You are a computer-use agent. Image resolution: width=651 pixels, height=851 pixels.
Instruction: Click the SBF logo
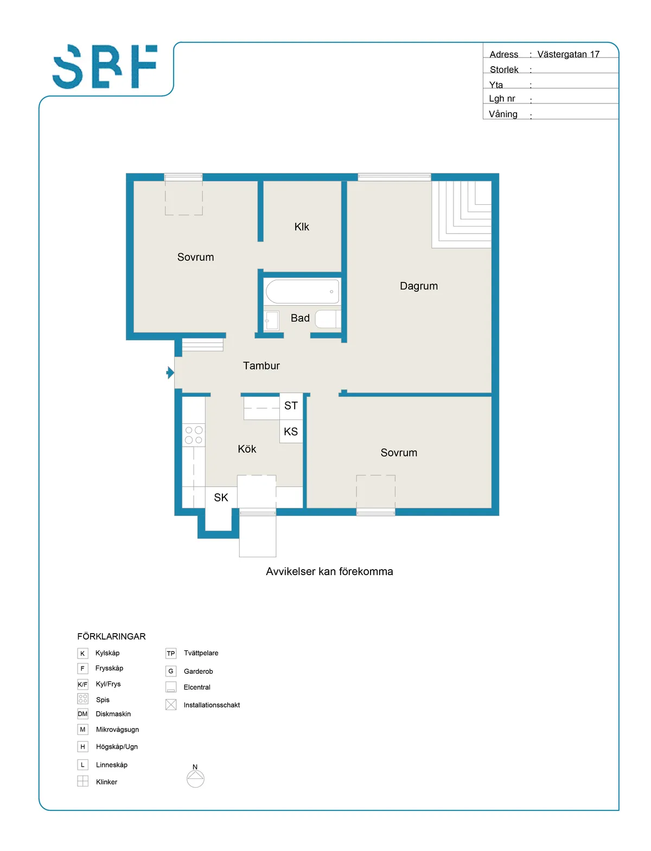105,66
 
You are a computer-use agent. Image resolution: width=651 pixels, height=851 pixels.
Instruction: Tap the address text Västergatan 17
568,54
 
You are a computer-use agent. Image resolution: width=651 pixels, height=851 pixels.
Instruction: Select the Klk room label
302,227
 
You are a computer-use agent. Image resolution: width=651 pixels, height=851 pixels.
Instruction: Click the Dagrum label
419,286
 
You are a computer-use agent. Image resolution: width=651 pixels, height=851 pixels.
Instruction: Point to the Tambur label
261,365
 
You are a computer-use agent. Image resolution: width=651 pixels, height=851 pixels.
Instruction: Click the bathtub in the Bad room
302,291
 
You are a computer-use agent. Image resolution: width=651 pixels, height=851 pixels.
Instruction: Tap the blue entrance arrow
170,372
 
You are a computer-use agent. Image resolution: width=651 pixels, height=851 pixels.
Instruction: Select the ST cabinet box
291,406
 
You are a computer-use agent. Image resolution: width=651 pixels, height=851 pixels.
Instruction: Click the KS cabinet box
291,431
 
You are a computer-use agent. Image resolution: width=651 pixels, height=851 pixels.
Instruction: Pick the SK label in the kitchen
221,498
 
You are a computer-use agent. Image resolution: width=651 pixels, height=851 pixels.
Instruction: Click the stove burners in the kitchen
194,435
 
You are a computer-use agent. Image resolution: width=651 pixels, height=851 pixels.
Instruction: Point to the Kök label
247,449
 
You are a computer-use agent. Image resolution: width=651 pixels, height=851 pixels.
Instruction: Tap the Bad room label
300,318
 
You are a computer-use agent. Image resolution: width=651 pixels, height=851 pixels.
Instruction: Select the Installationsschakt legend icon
171,705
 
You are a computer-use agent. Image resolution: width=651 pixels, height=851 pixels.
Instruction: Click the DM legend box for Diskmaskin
82,714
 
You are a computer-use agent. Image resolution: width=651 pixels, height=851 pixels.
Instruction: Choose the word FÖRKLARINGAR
111,636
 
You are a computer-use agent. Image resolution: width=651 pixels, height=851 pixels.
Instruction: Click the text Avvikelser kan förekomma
329,571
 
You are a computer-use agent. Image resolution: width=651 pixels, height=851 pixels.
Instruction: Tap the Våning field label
503,114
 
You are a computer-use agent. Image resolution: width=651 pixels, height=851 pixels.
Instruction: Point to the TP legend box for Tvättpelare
171,653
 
